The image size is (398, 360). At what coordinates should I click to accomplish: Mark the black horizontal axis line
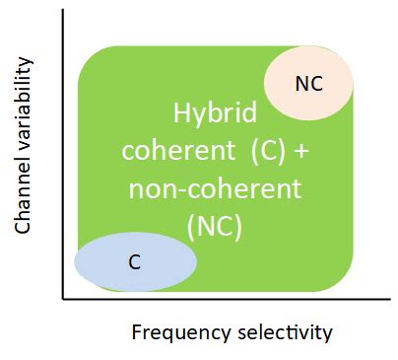[x=217, y=297]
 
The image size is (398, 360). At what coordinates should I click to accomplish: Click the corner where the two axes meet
[x=62, y=297]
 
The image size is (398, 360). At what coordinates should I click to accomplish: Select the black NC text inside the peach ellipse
[x=308, y=84]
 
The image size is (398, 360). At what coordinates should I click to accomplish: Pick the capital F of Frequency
[x=137, y=331]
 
